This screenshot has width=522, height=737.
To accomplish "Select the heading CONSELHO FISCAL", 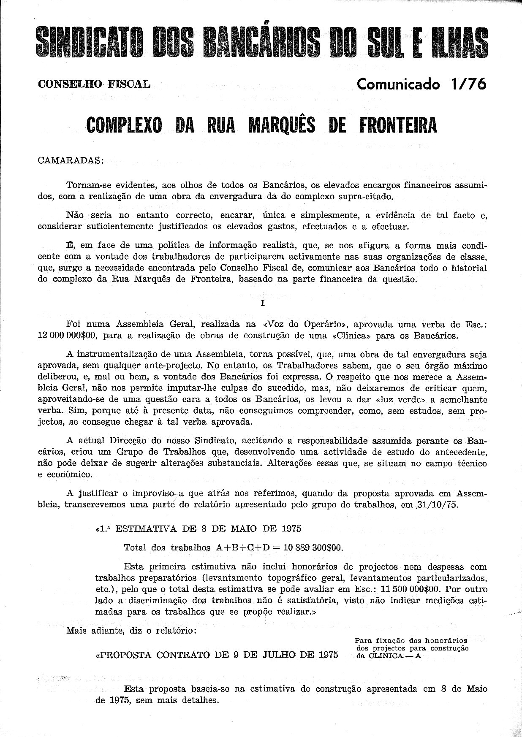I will point(94,84).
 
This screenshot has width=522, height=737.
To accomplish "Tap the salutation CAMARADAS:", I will point(69,161).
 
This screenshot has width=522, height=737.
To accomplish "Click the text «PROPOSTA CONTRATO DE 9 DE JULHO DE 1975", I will point(217,655).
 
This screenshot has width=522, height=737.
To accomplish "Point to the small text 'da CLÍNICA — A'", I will point(389,656).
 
